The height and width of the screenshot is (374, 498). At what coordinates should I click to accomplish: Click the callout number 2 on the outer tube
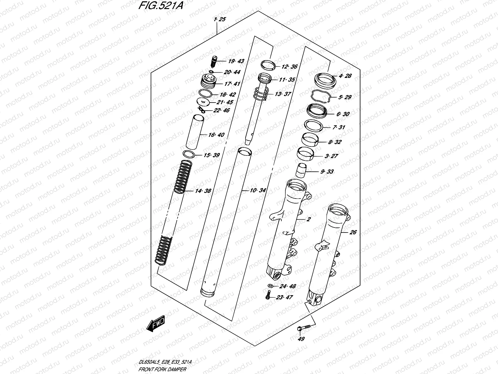coord(308,219)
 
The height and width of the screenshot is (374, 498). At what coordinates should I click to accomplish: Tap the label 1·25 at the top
coord(220,19)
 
